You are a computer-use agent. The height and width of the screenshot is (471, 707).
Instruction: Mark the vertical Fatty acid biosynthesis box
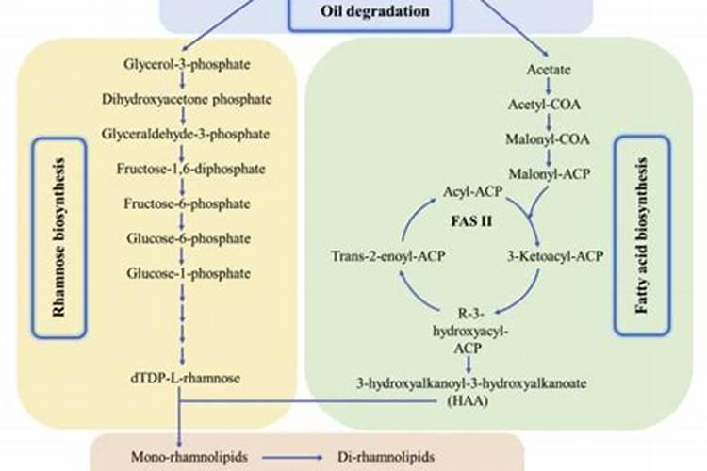tap(642, 235)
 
